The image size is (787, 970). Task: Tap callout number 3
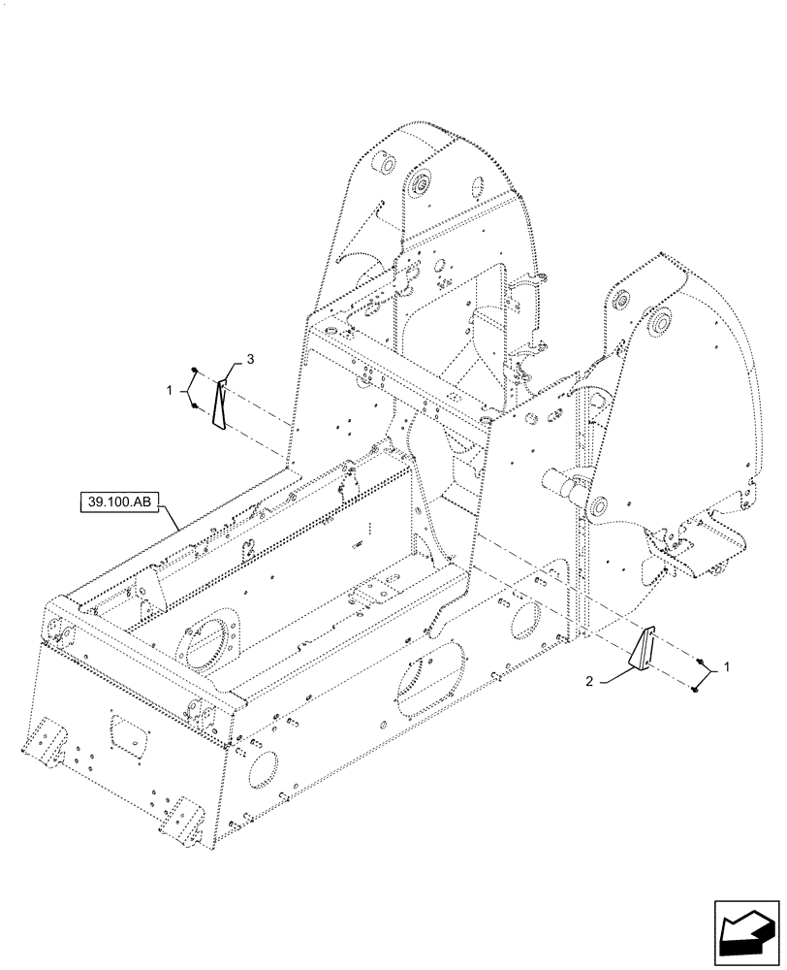pyautogui.click(x=250, y=360)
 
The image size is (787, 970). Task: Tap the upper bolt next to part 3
pyautogui.click(x=194, y=372)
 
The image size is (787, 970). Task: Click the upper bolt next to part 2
pyautogui.click(x=699, y=661)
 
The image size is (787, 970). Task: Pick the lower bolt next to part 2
pyautogui.click(x=695, y=689)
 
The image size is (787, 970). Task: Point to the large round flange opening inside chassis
pyautogui.click(x=209, y=639)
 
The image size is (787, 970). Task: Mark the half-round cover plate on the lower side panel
pyautogui.click(x=424, y=680)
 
